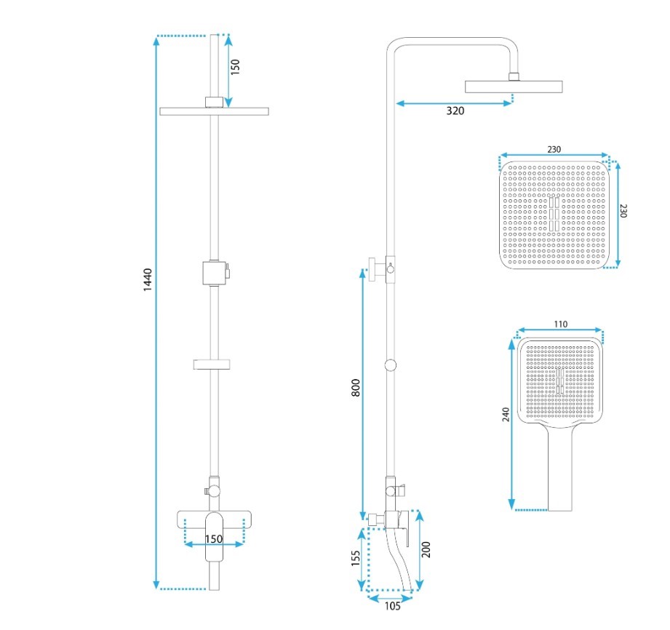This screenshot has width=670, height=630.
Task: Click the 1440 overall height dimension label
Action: pos(148,280)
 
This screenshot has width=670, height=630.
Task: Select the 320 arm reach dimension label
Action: pos(455,111)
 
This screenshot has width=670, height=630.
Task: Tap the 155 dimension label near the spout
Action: pos(356,558)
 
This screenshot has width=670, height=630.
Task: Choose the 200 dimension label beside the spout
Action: pos(427,549)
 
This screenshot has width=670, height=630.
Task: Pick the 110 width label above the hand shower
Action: pos(560,324)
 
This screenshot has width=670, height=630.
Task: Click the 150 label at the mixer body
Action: pos(214,539)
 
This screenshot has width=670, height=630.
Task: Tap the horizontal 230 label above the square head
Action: pos(554,150)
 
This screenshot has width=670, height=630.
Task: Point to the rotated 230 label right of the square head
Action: pos(623,211)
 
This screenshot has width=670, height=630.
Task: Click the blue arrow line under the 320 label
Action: pos(455,103)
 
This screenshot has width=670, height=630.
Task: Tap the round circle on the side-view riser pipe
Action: pos(391,366)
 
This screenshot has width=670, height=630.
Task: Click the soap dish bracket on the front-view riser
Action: pos(213,363)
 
